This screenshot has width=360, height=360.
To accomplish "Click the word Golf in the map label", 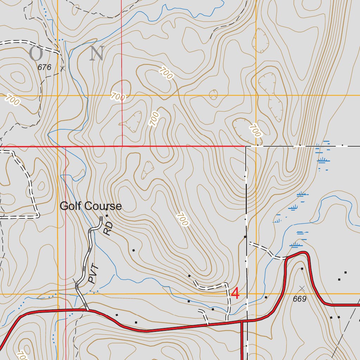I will [70, 206].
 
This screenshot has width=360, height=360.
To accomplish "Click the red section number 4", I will [235, 294].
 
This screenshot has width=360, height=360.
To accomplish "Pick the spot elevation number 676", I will [45, 67].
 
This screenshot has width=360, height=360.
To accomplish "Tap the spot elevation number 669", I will [300, 299].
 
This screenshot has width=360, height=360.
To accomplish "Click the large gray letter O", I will [36, 54].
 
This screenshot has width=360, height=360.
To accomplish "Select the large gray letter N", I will [96, 54].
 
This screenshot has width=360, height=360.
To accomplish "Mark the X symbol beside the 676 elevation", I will [63, 69].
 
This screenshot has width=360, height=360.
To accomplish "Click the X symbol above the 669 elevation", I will [302, 288].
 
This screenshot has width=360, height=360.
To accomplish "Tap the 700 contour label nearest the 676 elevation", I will [13, 101].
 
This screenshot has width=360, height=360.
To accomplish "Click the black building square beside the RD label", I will [106, 210].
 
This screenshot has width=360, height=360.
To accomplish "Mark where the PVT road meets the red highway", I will [87, 310].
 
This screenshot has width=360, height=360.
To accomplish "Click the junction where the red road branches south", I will [242, 321].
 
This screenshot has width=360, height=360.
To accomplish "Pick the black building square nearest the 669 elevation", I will [302, 269].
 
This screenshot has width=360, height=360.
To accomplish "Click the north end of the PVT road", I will [101, 218].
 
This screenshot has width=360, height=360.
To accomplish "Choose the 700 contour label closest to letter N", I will [118, 96].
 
